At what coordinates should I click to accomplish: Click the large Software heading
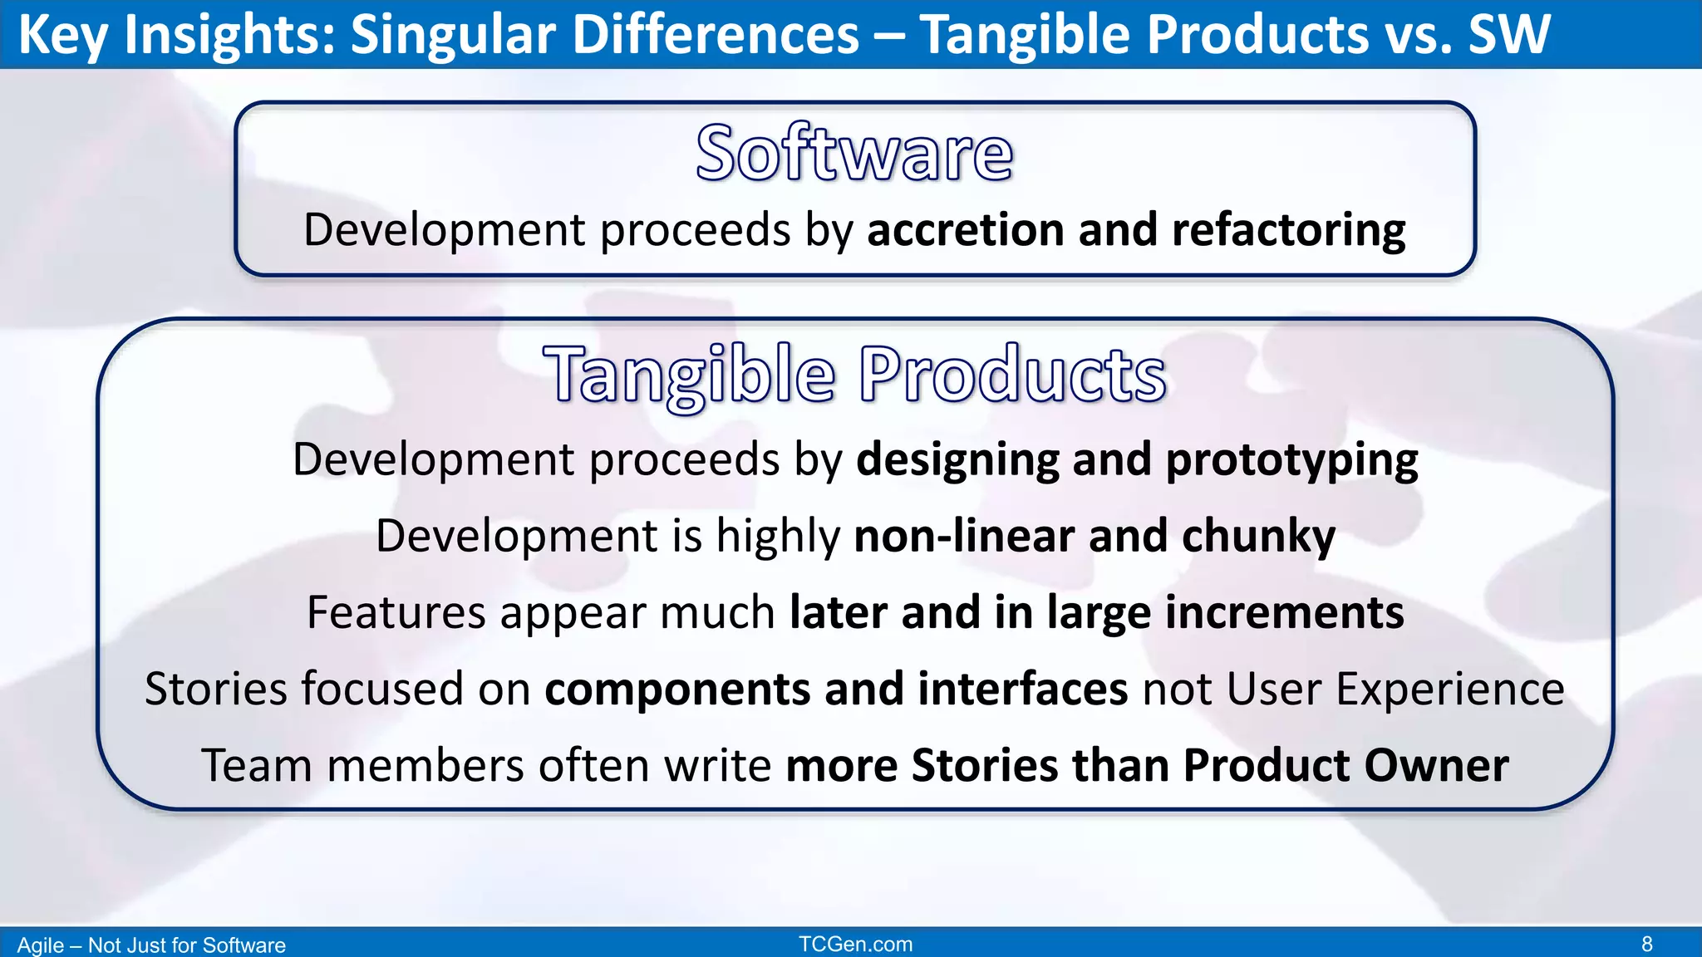pyautogui.click(x=854, y=154)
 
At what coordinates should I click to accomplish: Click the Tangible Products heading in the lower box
pyautogui.click(x=854, y=375)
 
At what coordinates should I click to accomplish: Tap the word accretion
pyautogui.click(x=965, y=230)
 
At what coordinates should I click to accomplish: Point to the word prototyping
pyautogui.click(x=1291, y=460)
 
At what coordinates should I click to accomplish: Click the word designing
pyautogui.click(x=957, y=460)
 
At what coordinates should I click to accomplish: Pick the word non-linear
pyautogui.click(x=964, y=536)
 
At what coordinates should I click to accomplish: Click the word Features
pyautogui.click(x=395, y=613)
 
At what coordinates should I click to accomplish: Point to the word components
pyautogui.click(x=677, y=690)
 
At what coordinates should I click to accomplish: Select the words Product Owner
pyautogui.click(x=1345, y=766)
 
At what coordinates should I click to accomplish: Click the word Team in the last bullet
pyautogui.click(x=256, y=766)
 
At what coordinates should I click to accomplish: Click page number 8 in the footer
pyautogui.click(x=1646, y=945)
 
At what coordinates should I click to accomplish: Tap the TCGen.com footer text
pyautogui.click(x=855, y=945)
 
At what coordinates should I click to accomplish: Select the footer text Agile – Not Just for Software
pyautogui.click(x=151, y=945)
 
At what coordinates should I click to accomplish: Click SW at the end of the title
pyautogui.click(x=1508, y=35)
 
